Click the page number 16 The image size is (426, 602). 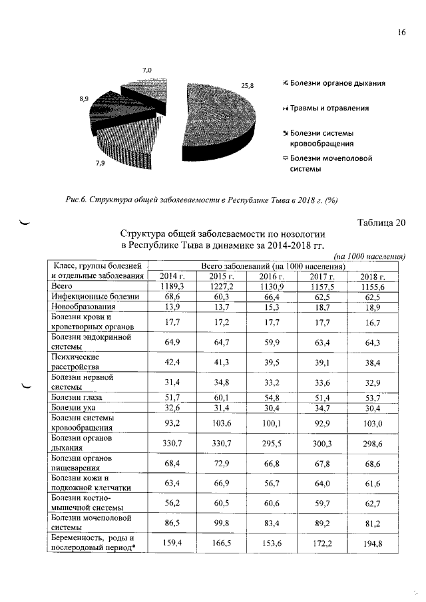(x=401, y=33)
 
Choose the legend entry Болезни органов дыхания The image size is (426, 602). (x=337, y=83)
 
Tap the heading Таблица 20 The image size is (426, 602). (x=376, y=223)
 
